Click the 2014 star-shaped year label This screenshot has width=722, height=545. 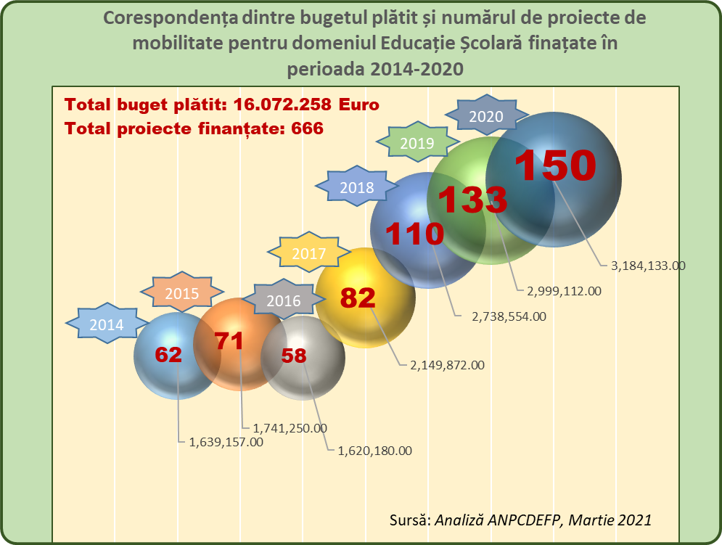point(107,325)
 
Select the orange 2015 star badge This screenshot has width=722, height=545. point(182,294)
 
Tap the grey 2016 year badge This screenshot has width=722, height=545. point(283,300)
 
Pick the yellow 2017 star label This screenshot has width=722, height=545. point(309,254)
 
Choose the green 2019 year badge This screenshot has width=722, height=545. point(417,143)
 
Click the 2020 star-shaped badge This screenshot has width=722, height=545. point(486,115)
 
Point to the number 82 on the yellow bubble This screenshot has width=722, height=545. point(358,298)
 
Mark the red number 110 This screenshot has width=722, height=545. point(414,234)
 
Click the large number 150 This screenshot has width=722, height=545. point(555,165)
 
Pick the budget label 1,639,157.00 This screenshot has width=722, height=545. point(226,441)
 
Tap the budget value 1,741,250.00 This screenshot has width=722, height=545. point(290,428)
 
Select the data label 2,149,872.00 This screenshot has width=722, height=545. point(447,365)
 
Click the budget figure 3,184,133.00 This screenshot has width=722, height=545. point(648,266)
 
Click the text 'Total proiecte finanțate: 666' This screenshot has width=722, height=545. point(194,128)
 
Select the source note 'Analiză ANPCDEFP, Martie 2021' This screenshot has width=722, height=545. point(542,520)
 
